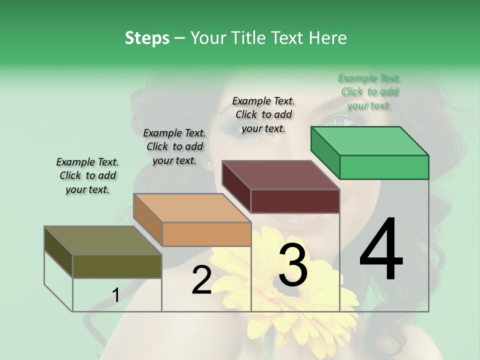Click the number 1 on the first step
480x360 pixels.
pyautogui.click(x=115, y=295)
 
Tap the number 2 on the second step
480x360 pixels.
pyautogui.click(x=201, y=279)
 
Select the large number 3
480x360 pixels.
pyautogui.click(x=293, y=265)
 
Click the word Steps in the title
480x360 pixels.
pyautogui.click(x=147, y=38)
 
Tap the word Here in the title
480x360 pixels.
pyautogui.click(x=328, y=38)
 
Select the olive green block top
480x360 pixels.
pyautogui.click(x=102, y=240)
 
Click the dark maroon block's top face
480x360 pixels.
pyautogui.click(x=280, y=175)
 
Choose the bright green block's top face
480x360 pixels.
pyautogui.click(x=369, y=141)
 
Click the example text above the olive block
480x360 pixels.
pyautogui.click(x=87, y=175)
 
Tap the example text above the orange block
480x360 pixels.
pyautogui.click(x=174, y=146)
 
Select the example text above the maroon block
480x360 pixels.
pyautogui.click(x=263, y=114)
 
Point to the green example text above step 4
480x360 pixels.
pyautogui.click(x=369, y=91)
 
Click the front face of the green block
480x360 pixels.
pyautogui.click(x=384, y=167)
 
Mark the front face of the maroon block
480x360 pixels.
pyautogui.click(x=295, y=201)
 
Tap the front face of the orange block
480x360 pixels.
pyautogui.click(x=206, y=234)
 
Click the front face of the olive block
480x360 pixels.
pyautogui.click(x=117, y=266)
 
